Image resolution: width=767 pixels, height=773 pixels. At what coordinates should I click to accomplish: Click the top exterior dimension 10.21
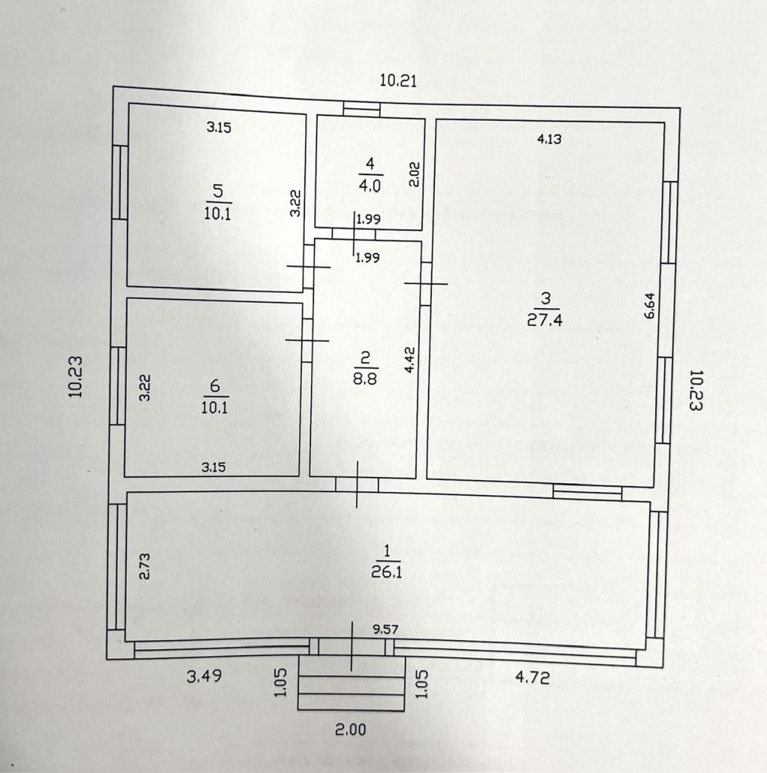coord(398,80)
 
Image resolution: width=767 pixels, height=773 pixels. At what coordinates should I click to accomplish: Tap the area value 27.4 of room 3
coord(545,320)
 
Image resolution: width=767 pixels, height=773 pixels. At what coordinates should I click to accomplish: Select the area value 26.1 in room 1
coord(387,572)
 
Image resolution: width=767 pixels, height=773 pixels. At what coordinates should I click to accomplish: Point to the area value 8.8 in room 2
coord(365,378)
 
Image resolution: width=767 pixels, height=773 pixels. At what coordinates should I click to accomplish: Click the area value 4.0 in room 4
coord(370,186)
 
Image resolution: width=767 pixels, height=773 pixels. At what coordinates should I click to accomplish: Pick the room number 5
coord(218,190)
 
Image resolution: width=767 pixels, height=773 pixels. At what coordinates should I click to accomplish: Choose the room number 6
coord(215,386)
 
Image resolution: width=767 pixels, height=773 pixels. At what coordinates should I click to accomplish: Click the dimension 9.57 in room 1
coord(386,630)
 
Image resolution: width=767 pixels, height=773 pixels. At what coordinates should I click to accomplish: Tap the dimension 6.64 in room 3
coord(650,306)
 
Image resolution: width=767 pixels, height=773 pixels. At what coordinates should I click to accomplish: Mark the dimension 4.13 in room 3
coord(549,139)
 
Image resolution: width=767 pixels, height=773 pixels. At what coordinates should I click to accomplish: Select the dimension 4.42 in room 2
coord(410,360)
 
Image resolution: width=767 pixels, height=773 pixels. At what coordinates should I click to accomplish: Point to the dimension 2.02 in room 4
coord(414,174)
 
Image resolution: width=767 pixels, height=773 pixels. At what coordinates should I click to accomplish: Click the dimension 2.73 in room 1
coord(144,566)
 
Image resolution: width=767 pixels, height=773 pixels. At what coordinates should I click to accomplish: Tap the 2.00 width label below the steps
coord(350,729)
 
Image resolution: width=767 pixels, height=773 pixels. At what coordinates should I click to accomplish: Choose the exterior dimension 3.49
coord(204,676)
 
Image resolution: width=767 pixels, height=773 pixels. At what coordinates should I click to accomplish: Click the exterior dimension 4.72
coord(532,677)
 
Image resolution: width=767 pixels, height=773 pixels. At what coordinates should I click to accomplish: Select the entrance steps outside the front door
coord(351,682)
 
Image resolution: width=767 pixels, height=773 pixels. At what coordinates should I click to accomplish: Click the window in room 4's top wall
coord(362,109)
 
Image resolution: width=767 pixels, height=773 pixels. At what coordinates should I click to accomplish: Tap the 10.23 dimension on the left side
coord(75,377)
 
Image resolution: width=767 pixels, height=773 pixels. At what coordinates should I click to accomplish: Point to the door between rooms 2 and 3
coord(426,284)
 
